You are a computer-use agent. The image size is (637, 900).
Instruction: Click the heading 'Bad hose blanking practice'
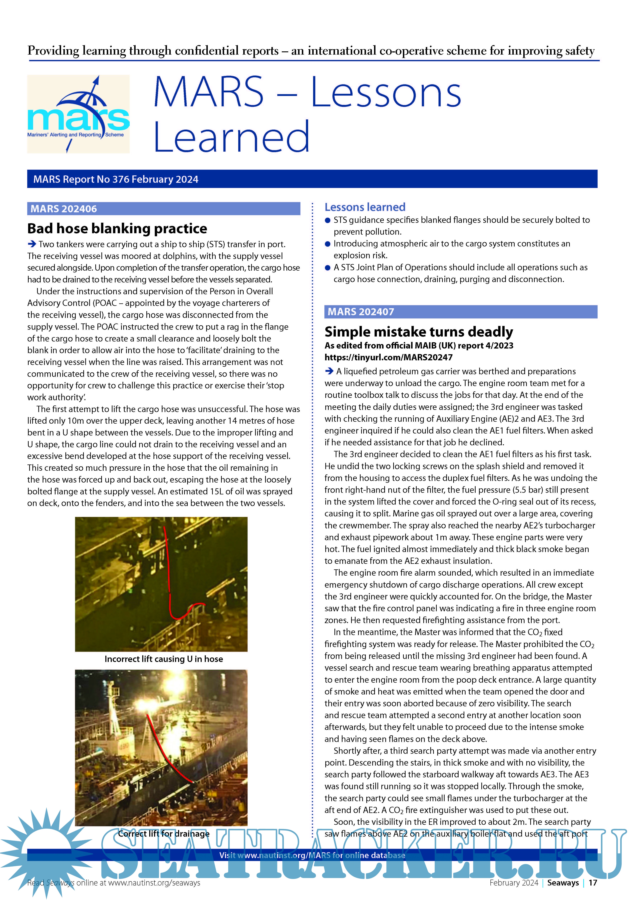[117, 229]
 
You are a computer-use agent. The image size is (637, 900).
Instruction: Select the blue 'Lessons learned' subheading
[365, 207]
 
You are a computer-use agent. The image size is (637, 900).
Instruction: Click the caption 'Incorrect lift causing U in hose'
[164, 659]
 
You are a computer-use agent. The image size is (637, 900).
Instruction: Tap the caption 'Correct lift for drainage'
[164, 833]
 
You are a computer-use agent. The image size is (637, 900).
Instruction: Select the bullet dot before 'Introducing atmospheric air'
[328, 244]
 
